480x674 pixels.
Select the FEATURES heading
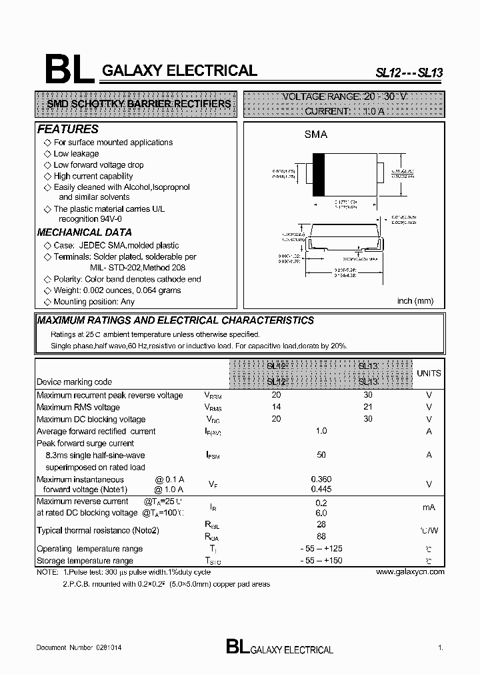68,129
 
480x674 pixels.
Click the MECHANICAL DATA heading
84,232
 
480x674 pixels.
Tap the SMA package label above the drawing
316,135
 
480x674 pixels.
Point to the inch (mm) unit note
415,301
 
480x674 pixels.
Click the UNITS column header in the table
429,374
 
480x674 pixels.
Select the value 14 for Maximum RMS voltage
277,407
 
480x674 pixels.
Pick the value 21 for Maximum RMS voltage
368,407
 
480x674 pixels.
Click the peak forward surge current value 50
321,455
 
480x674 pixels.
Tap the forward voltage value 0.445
321,490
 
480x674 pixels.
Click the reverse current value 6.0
321,513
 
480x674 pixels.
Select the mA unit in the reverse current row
429,507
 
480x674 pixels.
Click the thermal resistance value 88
321,535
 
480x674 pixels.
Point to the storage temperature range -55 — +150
321,561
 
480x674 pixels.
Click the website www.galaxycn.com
410,571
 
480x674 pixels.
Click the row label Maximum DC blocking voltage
91,419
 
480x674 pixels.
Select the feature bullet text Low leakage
76,154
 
